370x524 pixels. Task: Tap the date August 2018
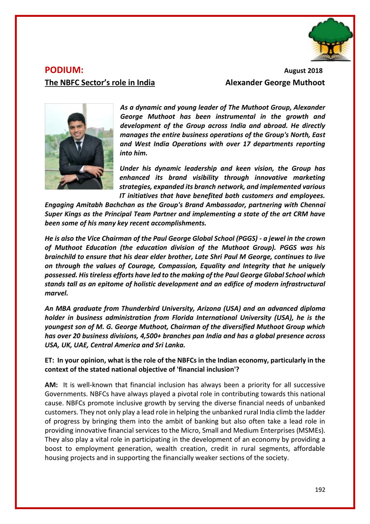pos(303,71)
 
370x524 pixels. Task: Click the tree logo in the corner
pos(330,40)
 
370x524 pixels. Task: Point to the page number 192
pos(320,489)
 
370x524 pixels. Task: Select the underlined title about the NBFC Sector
pos(99,83)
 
